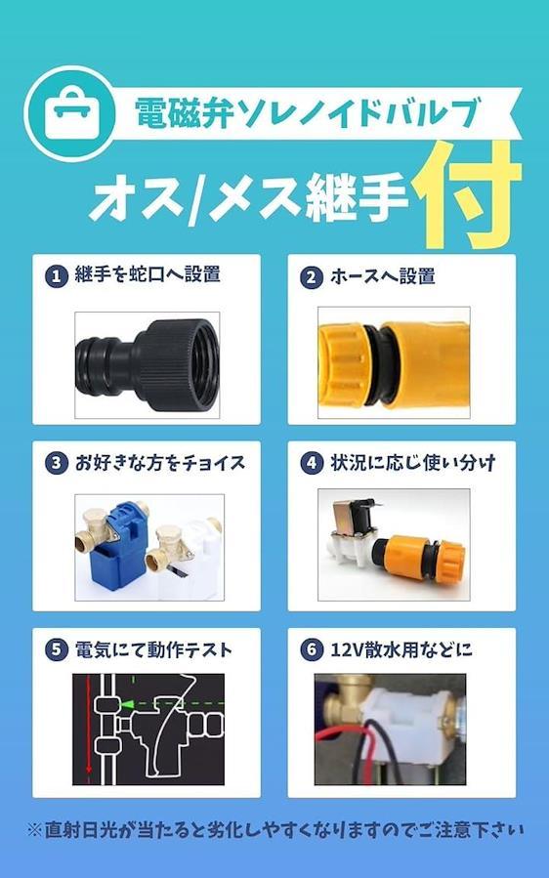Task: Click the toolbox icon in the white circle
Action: (70, 113)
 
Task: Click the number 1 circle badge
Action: (57, 276)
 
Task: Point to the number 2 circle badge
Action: (312, 277)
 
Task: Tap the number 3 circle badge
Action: (57, 464)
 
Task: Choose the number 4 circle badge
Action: (312, 464)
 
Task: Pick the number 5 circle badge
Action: (57, 650)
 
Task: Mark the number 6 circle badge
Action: (312, 650)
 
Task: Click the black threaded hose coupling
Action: (148, 364)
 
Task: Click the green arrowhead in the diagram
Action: (129, 704)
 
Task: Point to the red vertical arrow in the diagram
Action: (88, 729)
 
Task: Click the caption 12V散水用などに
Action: (401, 650)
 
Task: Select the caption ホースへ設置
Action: (383, 277)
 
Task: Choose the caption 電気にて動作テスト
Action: (153, 650)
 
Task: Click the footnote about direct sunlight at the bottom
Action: (274, 830)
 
